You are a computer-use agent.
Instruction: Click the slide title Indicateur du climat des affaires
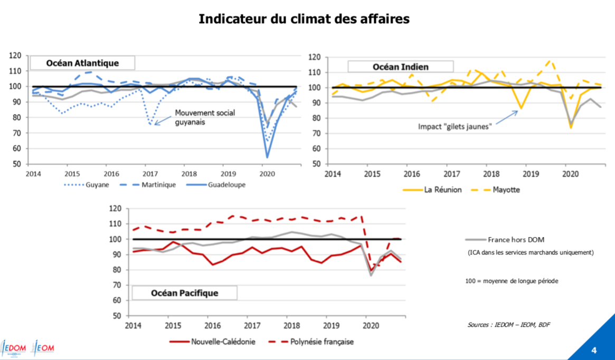[304, 19]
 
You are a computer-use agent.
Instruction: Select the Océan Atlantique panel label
[82, 63]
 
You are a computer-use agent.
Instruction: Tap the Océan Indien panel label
[400, 67]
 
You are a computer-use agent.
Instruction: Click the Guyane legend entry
[98, 185]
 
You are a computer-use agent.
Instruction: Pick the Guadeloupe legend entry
[226, 185]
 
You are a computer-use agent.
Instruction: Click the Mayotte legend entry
[506, 190]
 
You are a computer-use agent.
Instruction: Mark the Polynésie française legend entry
[321, 342]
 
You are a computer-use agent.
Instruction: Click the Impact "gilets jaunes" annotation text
[456, 127]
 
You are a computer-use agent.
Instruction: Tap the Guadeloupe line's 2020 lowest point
[268, 157]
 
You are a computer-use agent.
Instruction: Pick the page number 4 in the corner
[594, 350]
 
